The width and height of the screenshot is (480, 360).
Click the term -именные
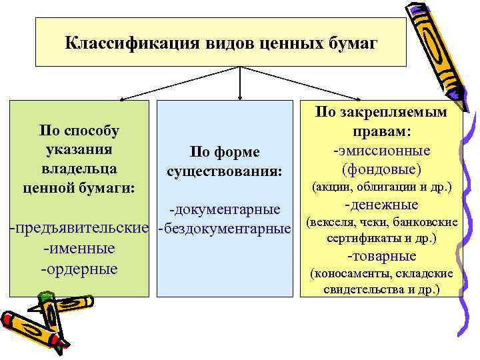tap(79, 249)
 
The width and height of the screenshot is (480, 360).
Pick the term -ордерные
tap(79, 269)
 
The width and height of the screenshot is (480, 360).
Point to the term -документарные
tap(224, 210)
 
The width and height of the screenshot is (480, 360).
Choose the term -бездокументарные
tap(224, 229)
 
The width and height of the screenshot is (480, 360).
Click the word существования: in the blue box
tap(224, 173)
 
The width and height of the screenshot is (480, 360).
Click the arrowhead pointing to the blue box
tap(240, 95)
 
